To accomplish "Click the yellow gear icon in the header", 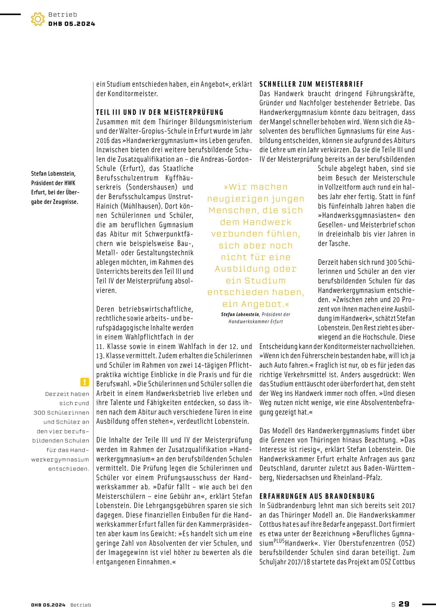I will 38,19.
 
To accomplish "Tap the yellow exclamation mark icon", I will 85,382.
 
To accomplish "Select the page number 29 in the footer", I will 404,604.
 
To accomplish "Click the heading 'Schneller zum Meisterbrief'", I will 311,84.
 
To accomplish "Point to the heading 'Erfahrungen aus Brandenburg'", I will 317,496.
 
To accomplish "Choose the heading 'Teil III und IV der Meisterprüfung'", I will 160,112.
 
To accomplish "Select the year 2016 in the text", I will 103,141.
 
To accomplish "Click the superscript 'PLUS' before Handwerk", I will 279,541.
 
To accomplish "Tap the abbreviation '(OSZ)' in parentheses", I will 406,543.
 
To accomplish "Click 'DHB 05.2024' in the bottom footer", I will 48,605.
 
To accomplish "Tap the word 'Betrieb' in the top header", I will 62,14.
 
